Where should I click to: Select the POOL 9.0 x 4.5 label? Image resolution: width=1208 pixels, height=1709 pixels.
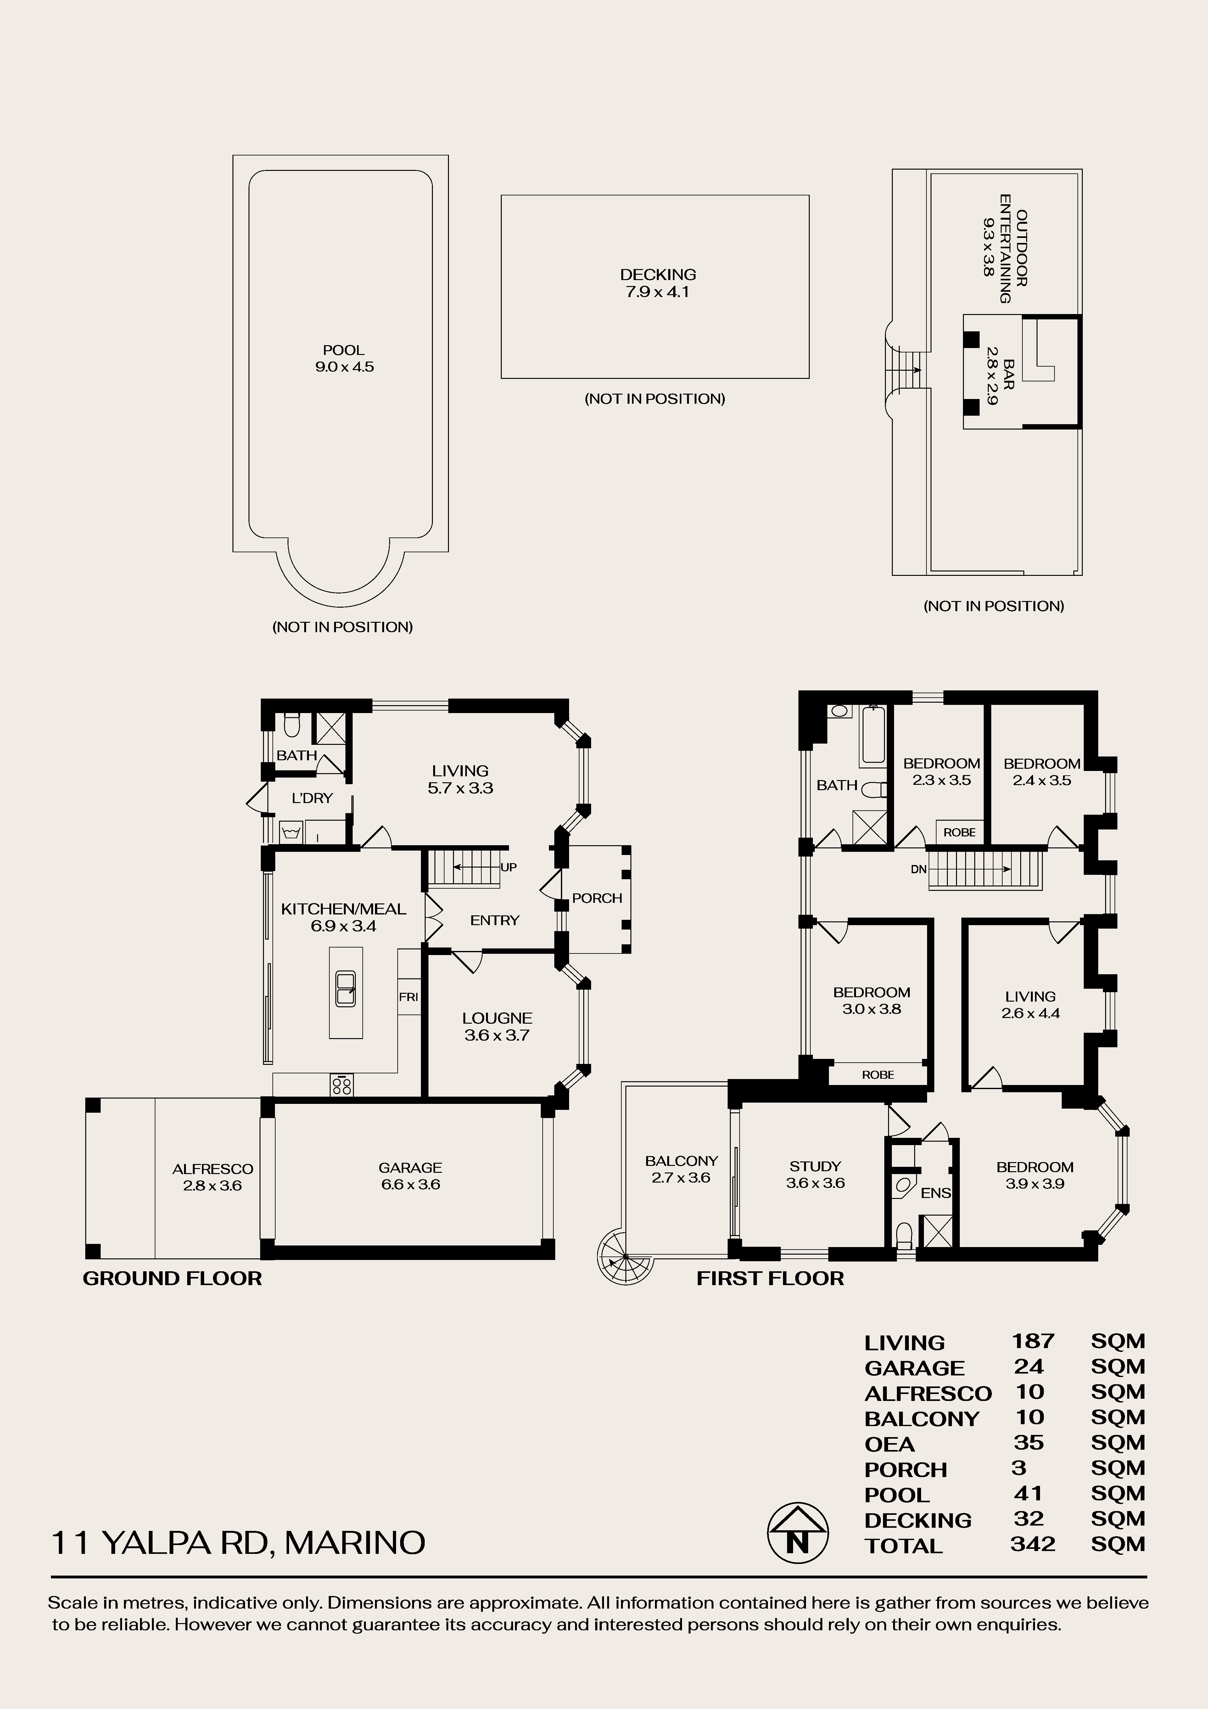point(344,358)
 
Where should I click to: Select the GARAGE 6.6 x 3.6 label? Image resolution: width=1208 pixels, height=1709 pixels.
point(410,1176)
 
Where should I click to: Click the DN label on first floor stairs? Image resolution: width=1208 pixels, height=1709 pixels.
point(919,869)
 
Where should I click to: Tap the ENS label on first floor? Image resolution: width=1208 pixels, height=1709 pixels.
point(936,1193)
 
